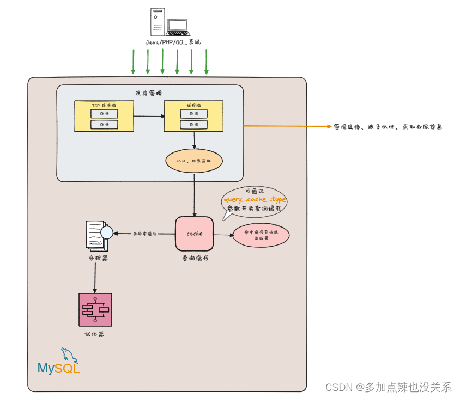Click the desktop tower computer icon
coord(157,22)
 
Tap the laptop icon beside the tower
coord(177,27)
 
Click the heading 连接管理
coord(149,93)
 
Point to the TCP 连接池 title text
coord(104,105)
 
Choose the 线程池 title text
coord(193,105)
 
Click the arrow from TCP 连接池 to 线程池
coord(148,116)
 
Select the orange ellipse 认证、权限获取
coord(194,162)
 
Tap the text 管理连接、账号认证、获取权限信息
coord(388,126)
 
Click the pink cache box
coord(194,234)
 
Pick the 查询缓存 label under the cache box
coord(194,258)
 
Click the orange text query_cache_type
coord(255,200)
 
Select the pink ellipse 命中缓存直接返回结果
coord(261,235)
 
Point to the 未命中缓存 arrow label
coord(144,234)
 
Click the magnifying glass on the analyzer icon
coord(106,232)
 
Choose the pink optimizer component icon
coord(95,310)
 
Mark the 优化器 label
coord(95,334)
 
